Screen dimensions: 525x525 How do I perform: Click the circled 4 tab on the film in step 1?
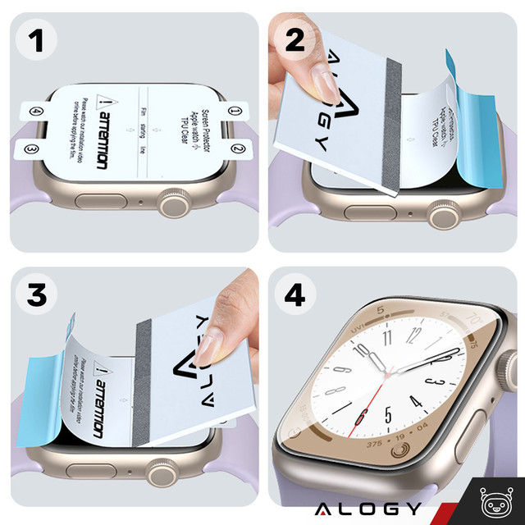35,111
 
